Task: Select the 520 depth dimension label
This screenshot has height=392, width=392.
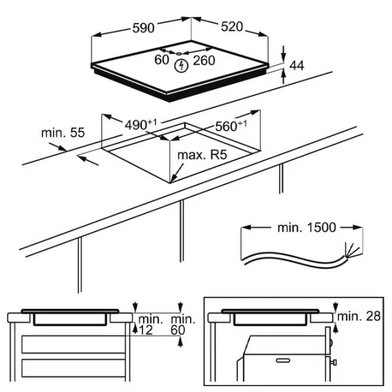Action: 231,27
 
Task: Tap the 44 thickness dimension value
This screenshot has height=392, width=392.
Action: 297,65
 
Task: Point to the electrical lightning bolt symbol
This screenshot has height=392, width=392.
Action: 182,64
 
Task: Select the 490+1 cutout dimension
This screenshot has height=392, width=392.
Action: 142,123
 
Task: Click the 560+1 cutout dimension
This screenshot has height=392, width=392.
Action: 230,126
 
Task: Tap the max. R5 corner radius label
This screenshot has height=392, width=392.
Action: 203,156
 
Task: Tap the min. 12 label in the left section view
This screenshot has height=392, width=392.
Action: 149,325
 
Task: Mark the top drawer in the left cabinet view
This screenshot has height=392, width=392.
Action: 72,344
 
